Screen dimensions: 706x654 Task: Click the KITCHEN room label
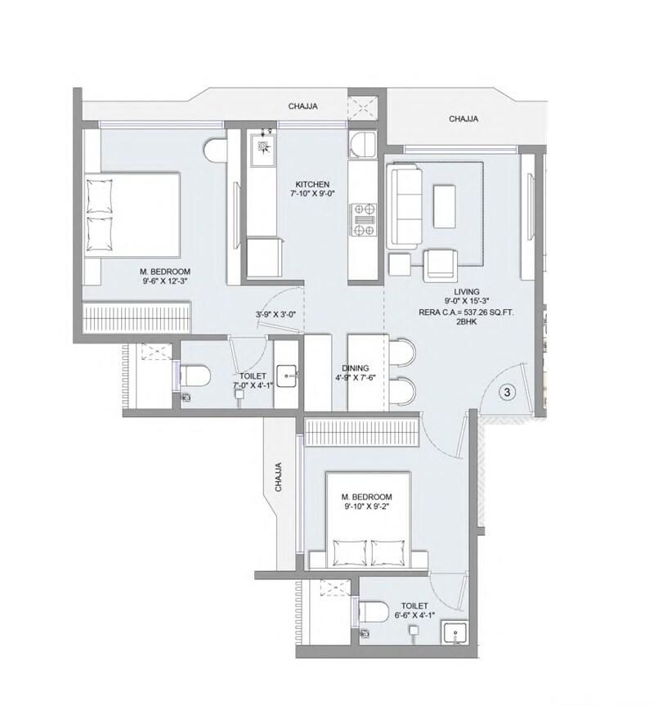[312, 184]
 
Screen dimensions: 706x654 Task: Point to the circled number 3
[507, 392]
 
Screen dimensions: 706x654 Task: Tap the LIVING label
[468, 292]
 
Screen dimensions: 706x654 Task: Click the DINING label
[356, 368]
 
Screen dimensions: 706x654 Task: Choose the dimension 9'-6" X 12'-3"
[164, 281]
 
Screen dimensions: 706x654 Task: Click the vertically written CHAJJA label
[278, 479]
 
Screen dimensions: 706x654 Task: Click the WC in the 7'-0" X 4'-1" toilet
[195, 376]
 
